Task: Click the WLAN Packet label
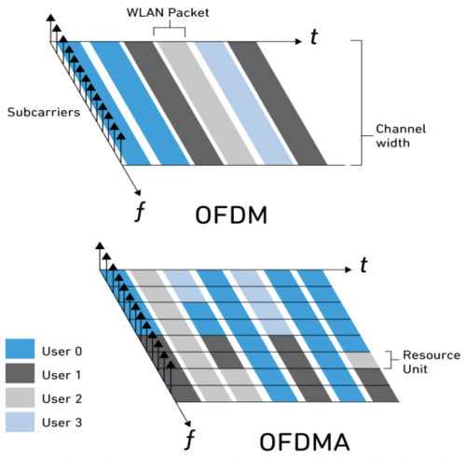168,13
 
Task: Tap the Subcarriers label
44,112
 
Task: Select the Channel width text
401,136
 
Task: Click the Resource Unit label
432,362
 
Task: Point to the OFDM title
231,215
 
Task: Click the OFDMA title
305,442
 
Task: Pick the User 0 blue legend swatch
20,349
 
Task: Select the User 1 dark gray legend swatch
20,373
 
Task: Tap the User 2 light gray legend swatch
20,397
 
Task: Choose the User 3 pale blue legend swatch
20,422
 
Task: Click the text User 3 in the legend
62,423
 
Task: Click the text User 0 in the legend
62,352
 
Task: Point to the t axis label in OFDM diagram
314,36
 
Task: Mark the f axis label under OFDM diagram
140,212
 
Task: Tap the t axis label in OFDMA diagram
363,265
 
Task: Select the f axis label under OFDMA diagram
190,439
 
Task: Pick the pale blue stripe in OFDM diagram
244,104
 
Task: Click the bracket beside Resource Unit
391,360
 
